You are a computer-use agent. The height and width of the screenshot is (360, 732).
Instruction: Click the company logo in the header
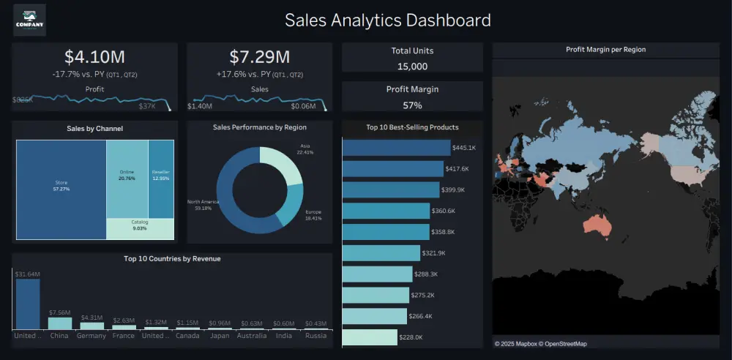29,20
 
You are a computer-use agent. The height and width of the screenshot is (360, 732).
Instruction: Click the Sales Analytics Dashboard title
387,20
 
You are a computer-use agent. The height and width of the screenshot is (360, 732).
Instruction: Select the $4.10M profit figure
94,57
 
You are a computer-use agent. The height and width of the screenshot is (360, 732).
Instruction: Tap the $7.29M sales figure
259,57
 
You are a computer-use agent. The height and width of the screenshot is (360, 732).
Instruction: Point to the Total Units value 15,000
412,66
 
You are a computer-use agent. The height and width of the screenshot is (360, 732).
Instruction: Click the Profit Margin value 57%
412,105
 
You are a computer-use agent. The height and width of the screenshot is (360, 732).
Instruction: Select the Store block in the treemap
61,190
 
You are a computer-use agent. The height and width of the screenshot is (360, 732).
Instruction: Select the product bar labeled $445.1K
396,148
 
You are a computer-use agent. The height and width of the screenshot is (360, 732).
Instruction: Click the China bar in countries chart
60,323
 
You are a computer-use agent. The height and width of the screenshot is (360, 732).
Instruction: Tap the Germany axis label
92,336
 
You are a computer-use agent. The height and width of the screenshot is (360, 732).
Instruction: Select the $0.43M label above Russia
316,323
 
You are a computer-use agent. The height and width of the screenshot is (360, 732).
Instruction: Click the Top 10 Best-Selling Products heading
412,127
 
